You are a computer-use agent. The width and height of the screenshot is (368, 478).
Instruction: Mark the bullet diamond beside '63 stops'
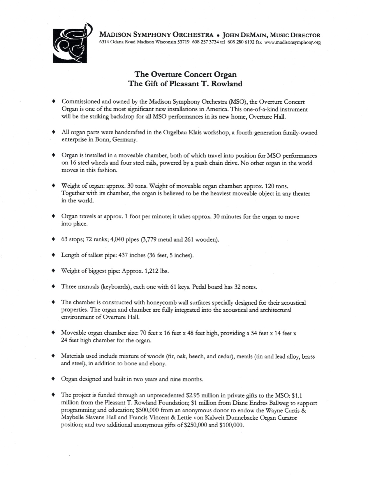[x=53, y=240]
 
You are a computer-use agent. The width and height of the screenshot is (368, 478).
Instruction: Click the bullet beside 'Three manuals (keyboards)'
[x=53, y=287]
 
